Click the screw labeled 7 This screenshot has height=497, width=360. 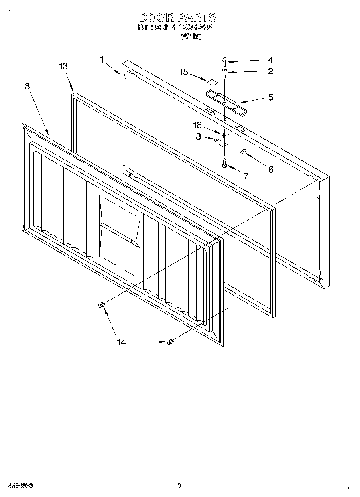tap(224, 162)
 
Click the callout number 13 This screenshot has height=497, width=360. tap(63, 67)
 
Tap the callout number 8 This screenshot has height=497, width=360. tap(27, 86)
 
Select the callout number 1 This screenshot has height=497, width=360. tap(102, 59)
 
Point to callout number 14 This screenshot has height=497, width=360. tap(121, 342)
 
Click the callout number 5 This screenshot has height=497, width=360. tap(271, 97)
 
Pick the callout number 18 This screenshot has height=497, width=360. tap(197, 124)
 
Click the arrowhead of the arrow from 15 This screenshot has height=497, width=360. tap(206, 80)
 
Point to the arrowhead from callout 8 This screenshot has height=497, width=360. tap(49, 134)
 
